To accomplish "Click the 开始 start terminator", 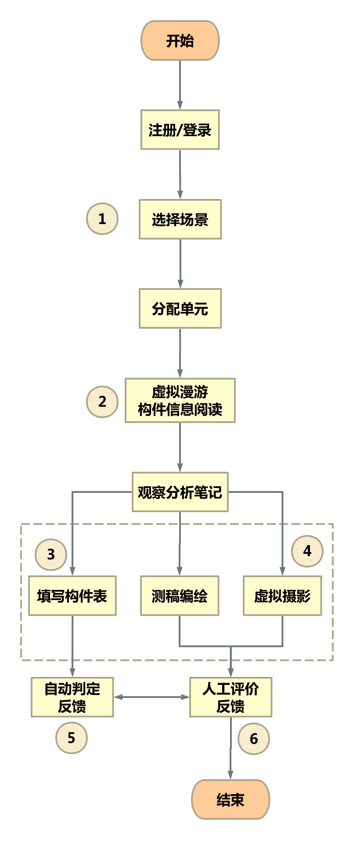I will pos(180,40).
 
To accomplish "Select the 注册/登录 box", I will pos(180,130).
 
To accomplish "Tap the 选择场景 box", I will pos(180,220).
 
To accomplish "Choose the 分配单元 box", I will pos(180,308).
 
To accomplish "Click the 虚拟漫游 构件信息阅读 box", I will pos(180,401).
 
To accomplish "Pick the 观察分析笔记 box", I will pos(180,492).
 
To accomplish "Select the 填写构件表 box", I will pos(72,596).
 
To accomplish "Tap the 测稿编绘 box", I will pos(180,596).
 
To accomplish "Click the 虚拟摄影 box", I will pos(282,596).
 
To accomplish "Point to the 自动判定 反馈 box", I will pos(72,697).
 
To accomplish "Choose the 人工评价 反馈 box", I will pos(230,697).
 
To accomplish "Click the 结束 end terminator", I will pos(230,799).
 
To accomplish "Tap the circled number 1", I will pos(102,219).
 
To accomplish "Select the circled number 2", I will pos(102,401).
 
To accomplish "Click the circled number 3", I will pos(51,554).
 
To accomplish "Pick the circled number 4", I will pos(307,551).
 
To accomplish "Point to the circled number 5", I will pos(72,738).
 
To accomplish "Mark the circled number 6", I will pos(254,739).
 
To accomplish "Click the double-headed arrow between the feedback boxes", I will pos(151,697).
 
